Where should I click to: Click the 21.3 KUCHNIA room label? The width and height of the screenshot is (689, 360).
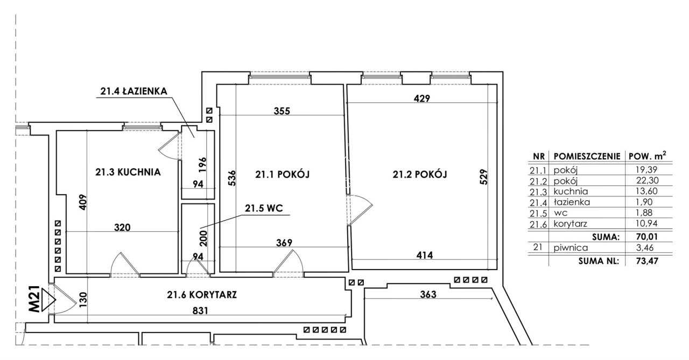coord(128,172)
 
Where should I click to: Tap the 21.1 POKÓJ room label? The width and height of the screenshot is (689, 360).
coord(283,174)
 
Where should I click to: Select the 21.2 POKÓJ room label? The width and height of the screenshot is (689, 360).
coord(419,174)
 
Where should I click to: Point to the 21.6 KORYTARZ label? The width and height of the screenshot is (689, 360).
coord(202,295)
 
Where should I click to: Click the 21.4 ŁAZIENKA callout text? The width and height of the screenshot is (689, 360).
coord(134,91)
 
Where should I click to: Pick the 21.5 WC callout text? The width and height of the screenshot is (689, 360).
coord(264,208)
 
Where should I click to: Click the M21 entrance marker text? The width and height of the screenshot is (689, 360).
coord(34,299)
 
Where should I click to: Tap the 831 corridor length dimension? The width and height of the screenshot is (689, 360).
coord(200,311)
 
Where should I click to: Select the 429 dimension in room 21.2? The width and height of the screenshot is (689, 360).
coord(421,98)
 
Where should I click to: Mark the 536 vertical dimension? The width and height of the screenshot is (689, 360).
coord(231,178)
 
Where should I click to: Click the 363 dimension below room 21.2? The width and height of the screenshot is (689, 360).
coord(428,294)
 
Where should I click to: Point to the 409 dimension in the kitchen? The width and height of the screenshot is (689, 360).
coord(83,202)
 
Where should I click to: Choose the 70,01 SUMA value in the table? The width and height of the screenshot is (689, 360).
coord(646,237)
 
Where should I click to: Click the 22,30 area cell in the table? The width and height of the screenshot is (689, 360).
coord(646,180)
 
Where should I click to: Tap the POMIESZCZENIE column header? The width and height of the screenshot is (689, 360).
coord(587,157)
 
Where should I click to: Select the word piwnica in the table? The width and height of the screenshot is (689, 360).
coord(571,248)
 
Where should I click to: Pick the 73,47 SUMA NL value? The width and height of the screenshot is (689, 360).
coord(647,261)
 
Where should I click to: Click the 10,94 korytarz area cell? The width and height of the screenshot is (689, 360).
coord(646,223)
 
